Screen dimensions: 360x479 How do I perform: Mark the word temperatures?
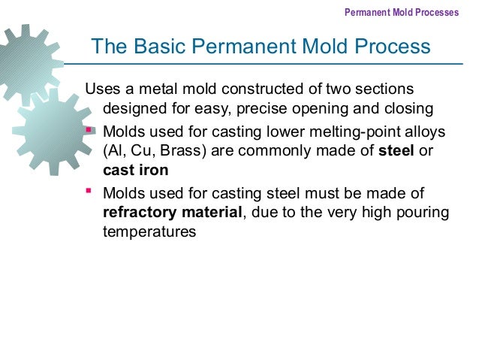click(149, 233)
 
